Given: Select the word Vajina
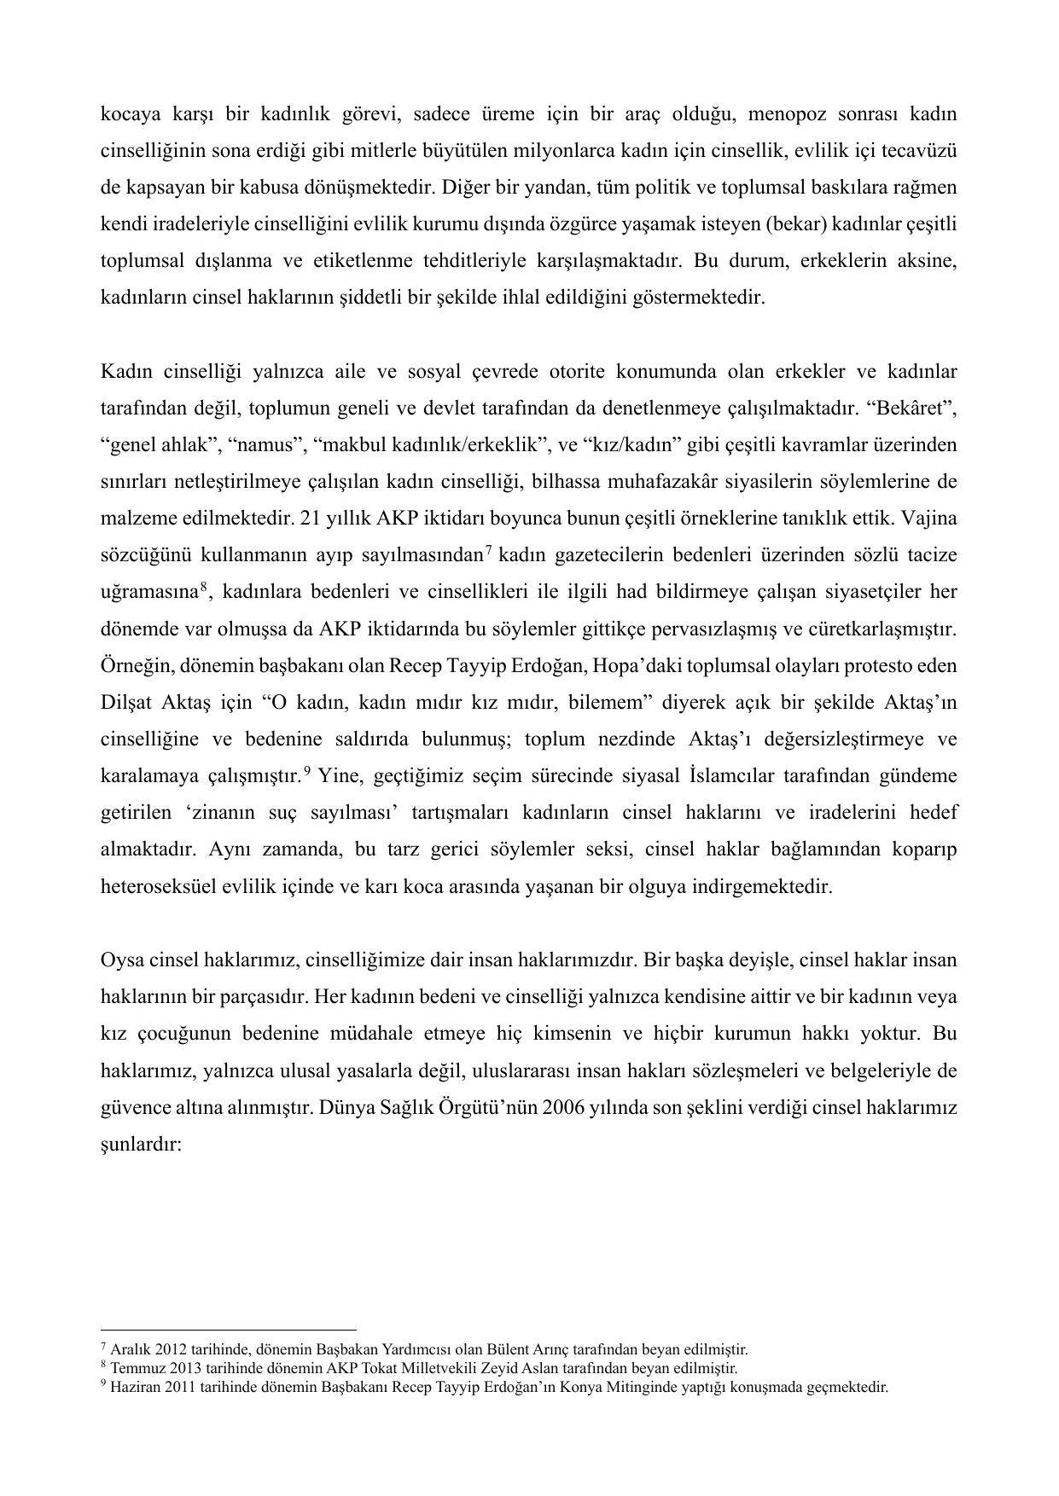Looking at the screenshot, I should (x=929, y=518).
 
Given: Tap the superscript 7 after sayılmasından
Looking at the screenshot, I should (x=487, y=550).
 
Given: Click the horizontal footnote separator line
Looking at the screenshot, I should (x=228, y=1329).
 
